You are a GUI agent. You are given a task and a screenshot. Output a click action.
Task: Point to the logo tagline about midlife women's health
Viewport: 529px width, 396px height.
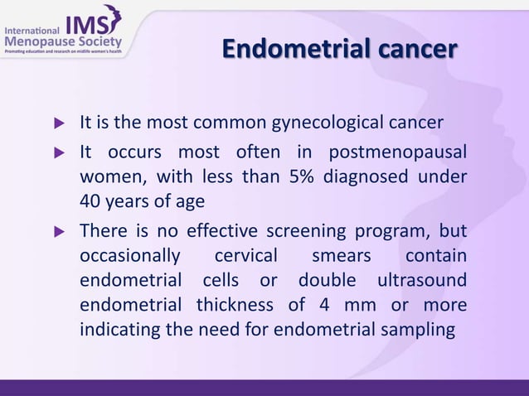[63, 53]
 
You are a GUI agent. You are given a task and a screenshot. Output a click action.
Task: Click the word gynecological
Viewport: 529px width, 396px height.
[317, 125]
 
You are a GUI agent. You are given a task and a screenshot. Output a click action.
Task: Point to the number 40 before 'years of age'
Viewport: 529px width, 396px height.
[90, 200]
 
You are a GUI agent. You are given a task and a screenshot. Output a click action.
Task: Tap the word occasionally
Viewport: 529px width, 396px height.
[129, 257]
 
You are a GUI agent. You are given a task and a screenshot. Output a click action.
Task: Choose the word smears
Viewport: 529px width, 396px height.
[342, 257]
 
